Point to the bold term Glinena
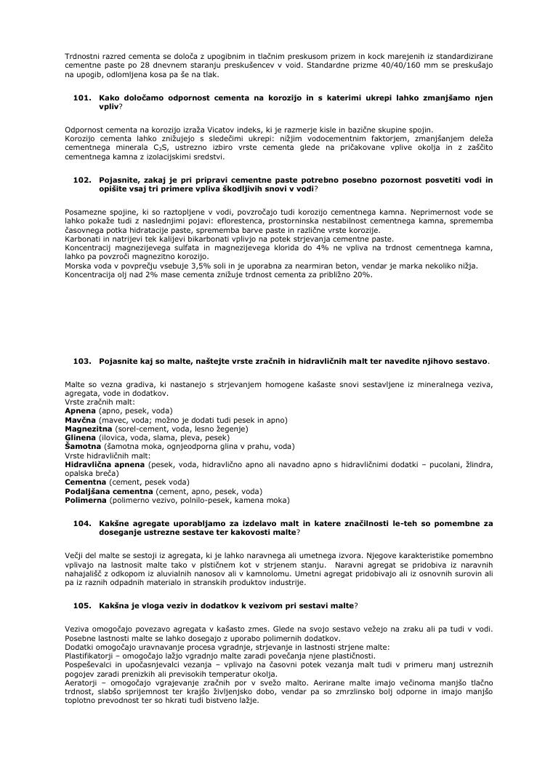81,438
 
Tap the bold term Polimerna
85,500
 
